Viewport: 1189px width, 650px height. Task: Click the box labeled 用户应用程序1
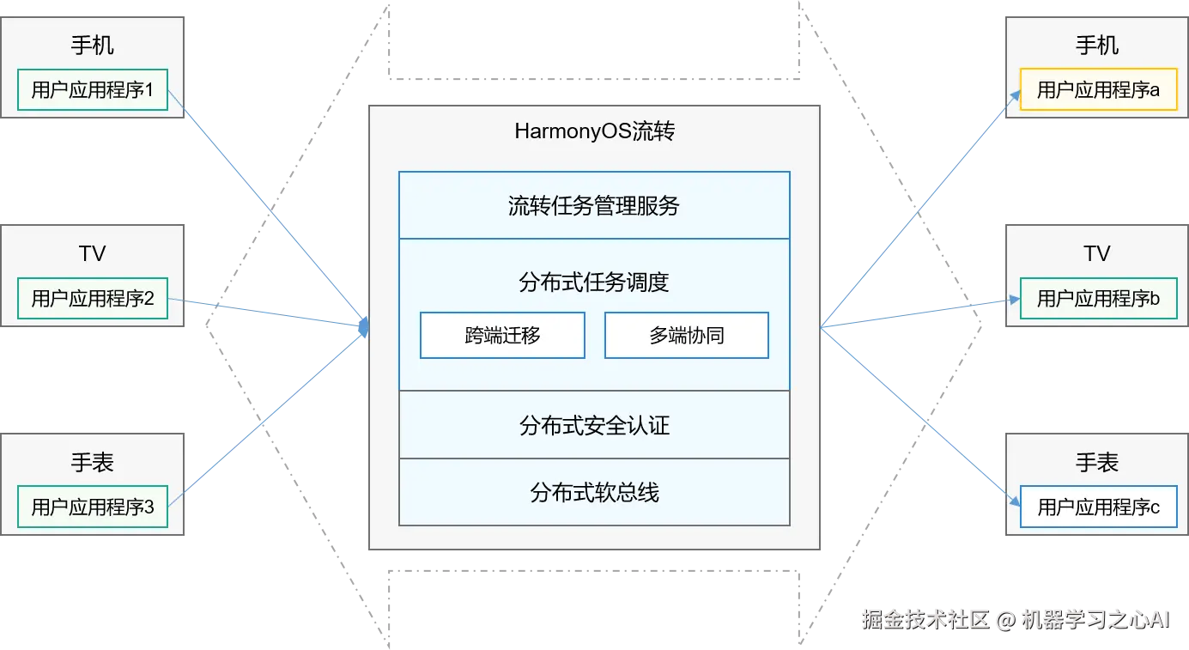click(93, 90)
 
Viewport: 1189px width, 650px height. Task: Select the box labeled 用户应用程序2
click(93, 299)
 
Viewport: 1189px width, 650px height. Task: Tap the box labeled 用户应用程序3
click(93, 507)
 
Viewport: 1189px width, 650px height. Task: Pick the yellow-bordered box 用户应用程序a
click(1098, 90)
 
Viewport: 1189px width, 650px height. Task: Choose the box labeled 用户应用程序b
click(1098, 299)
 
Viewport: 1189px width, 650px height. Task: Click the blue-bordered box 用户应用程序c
click(1098, 507)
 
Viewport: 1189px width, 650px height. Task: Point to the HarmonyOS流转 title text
click(594, 132)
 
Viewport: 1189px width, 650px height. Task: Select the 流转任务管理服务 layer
click(594, 206)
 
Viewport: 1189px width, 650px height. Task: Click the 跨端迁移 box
click(502, 336)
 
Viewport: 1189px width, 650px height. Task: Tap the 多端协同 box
click(687, 336)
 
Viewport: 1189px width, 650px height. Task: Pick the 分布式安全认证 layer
click(594, 425)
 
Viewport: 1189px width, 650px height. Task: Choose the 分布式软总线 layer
click(594, 493)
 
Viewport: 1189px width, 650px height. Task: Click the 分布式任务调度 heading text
click(594, 282)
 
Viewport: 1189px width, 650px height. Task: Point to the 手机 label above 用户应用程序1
click(93, 46)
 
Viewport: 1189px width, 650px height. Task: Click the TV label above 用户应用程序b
click(1097, 254)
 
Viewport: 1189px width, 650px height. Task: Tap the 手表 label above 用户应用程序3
click(93, 464)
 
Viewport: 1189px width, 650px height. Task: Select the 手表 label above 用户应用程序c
click(1097, 464)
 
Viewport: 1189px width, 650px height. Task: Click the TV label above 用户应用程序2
click(93, 254)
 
